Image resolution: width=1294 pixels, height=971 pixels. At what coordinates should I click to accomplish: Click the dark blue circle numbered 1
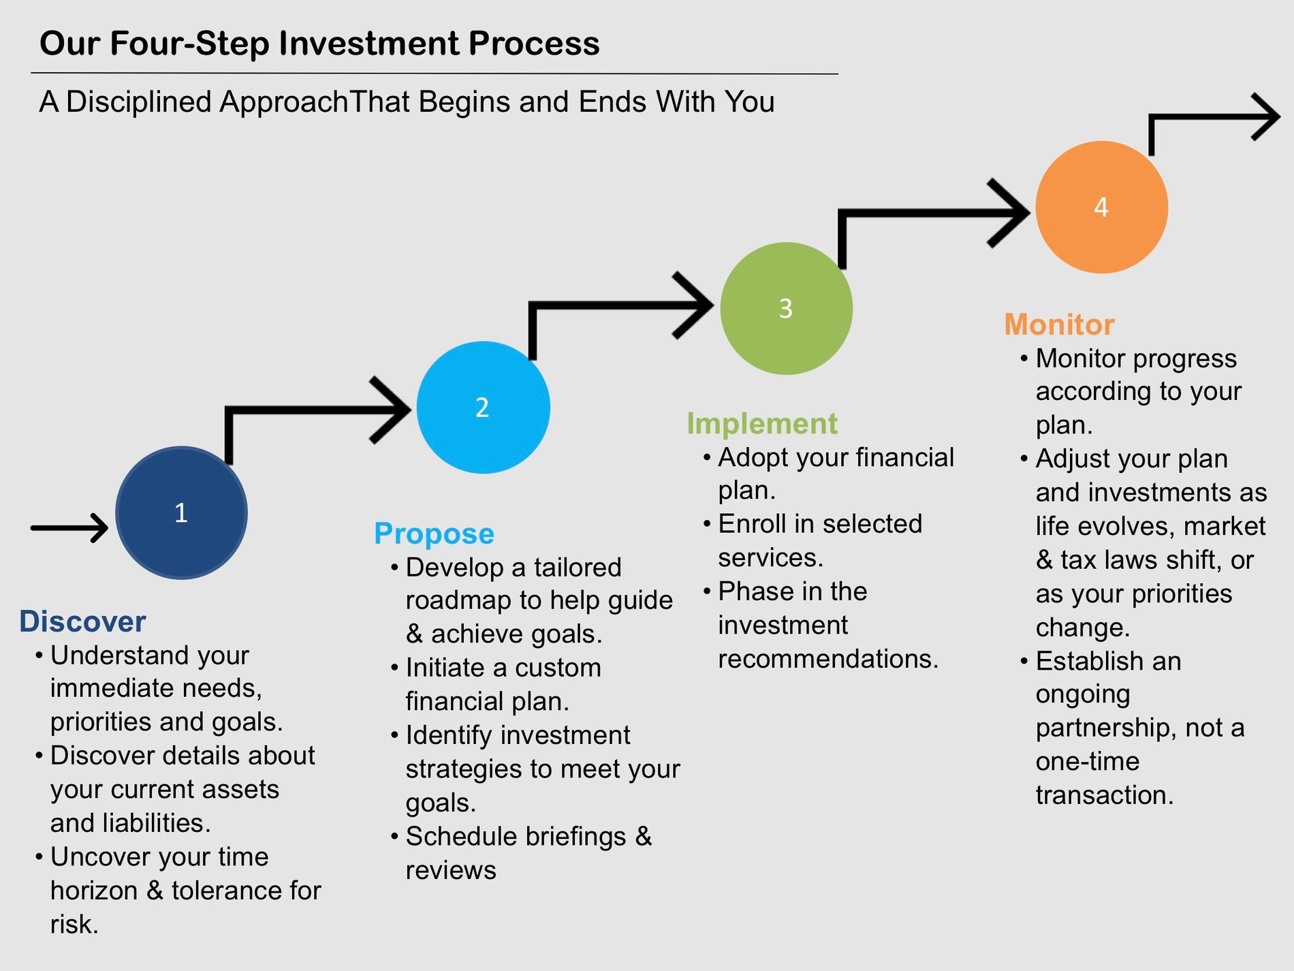click(181, 512)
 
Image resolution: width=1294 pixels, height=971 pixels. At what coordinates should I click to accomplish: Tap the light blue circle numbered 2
click(483, 407)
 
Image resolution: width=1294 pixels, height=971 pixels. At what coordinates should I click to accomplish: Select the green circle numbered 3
click(786, 309)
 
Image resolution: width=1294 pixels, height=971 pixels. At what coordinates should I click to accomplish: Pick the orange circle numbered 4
click(1101, 207)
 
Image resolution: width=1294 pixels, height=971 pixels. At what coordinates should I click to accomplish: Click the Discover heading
click(82, 621)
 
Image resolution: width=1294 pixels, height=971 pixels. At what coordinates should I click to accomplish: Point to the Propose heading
click(434, 534)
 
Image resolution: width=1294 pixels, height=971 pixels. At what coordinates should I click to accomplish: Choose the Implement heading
click(761, 423)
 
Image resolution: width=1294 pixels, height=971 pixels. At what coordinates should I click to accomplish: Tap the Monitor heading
click(1059, 324)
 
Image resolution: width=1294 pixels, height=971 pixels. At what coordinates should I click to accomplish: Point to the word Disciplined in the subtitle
click(138, 102)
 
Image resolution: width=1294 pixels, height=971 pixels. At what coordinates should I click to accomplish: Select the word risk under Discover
click(74, 925)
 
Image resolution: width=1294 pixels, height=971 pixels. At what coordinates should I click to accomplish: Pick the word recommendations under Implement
click(828, 659)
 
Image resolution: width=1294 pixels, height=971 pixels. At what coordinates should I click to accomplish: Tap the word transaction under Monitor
click(1104, 795)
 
